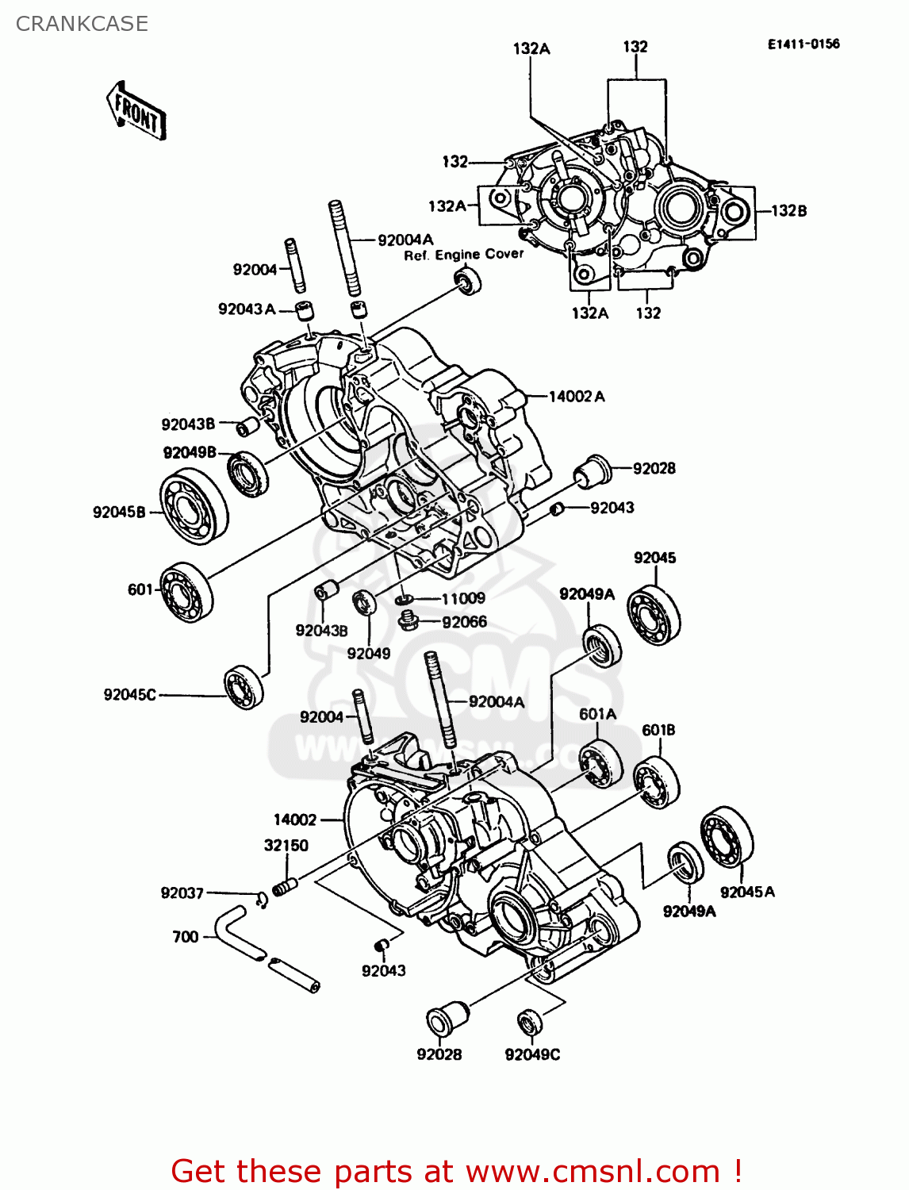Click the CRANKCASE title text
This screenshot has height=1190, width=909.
tap(82, 24)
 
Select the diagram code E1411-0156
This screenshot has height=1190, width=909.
tap(803, 44)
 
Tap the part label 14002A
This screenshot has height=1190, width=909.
tap(577, 396)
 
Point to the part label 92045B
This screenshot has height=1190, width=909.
tap(119, 512)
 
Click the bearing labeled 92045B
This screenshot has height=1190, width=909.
tap(194, 506)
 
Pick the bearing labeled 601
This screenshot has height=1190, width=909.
tap(186, 592)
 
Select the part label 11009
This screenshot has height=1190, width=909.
tap(463, 598)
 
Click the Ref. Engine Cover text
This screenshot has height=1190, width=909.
tap(464, 255)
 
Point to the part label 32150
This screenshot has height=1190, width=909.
tap(286, 845)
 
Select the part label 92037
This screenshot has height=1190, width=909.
tap(182, 892)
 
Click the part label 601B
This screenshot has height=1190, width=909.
tap(658, 730)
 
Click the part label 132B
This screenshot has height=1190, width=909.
tap(788, 210)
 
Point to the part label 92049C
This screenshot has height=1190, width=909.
tap(532, 1054)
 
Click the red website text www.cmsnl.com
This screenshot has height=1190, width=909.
tap(592, 1171)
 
